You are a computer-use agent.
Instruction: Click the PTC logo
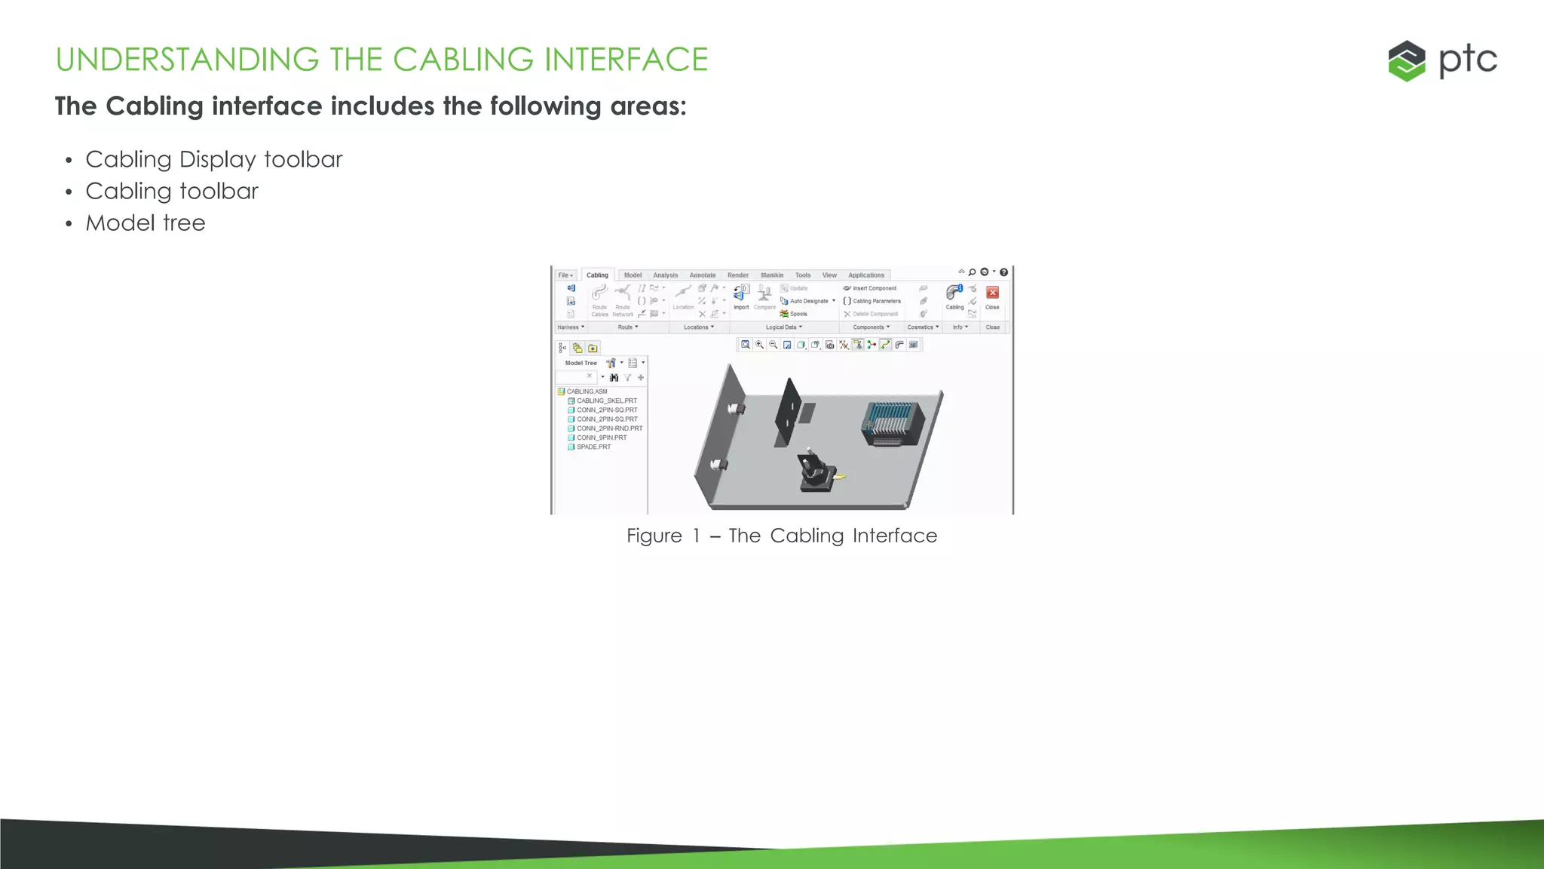[x=1441, y=60]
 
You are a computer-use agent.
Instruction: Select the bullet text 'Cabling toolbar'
[x=172, y=192]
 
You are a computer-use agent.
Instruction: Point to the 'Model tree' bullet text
[x=146, y=223]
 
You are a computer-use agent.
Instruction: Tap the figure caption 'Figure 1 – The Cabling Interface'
[x=782, y=536]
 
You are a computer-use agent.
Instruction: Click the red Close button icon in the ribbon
[x=992, y=293]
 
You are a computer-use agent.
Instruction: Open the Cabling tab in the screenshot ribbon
[x=597, y=275]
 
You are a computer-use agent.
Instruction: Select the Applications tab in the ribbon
[x=865, y=275]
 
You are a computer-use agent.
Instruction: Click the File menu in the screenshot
[x=565, y=275]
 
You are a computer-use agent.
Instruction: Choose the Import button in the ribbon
[x=741, y=296]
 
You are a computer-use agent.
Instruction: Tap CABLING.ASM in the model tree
[x=587, y=392]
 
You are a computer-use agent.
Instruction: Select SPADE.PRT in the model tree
[x=593, y=447]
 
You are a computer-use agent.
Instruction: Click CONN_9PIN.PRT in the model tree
[x=602, y=438]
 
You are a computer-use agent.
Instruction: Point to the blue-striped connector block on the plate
[x=893, y=422]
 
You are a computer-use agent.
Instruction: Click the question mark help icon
[x=1003, y=272]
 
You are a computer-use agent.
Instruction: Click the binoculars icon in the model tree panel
[x=614, y=377]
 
